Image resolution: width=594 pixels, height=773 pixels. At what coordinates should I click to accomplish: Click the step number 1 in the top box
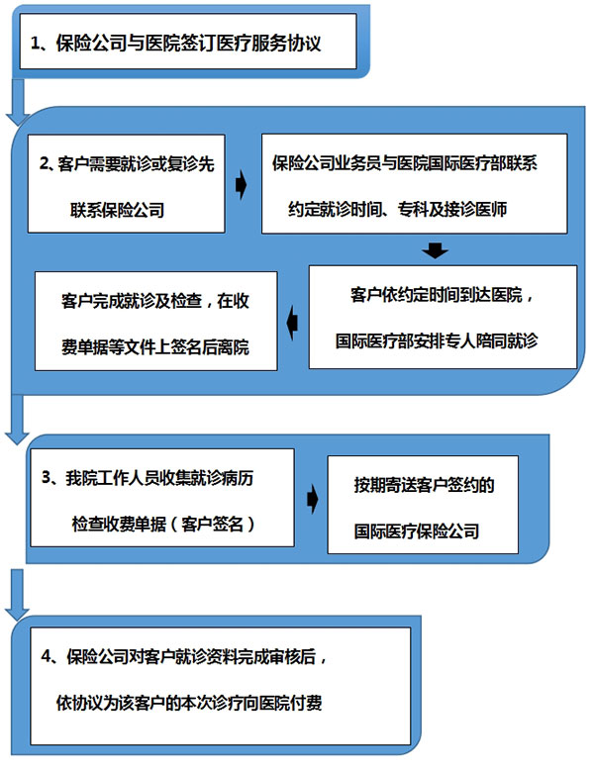point(36,43)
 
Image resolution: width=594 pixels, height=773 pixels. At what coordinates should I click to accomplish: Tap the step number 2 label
point(45,163)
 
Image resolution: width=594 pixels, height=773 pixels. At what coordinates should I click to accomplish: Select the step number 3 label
point(47,477)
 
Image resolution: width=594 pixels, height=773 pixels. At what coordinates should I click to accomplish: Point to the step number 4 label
point(47,656)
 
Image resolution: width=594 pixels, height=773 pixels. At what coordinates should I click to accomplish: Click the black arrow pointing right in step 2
point(241,185)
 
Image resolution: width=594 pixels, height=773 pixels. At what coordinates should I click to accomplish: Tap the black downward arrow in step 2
point(435,250)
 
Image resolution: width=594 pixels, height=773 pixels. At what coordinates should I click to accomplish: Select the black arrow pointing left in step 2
point(292,324)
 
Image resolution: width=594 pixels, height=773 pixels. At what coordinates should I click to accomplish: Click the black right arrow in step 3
point(312,499)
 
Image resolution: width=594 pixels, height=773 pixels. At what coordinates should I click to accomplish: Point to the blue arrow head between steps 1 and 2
point(18,120)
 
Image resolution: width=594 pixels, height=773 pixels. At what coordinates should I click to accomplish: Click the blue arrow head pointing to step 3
point(17,437)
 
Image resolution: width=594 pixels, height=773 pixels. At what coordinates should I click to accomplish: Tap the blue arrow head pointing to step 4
point(17,613)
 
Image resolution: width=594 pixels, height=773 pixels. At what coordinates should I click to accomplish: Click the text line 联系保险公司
point(118,211)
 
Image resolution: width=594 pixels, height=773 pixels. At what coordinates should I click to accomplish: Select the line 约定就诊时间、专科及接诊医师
point(398,210)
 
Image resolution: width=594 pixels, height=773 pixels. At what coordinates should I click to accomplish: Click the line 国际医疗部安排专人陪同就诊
point(437,340)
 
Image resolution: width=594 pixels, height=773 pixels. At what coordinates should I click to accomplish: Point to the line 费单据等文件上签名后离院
point(155,347)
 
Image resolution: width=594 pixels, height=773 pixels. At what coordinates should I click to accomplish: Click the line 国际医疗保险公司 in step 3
point(417,531)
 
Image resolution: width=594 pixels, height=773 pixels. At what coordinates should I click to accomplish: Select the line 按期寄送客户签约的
point(424,485)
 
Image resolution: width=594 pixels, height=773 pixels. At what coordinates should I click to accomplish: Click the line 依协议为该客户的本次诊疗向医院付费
point(189,703)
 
